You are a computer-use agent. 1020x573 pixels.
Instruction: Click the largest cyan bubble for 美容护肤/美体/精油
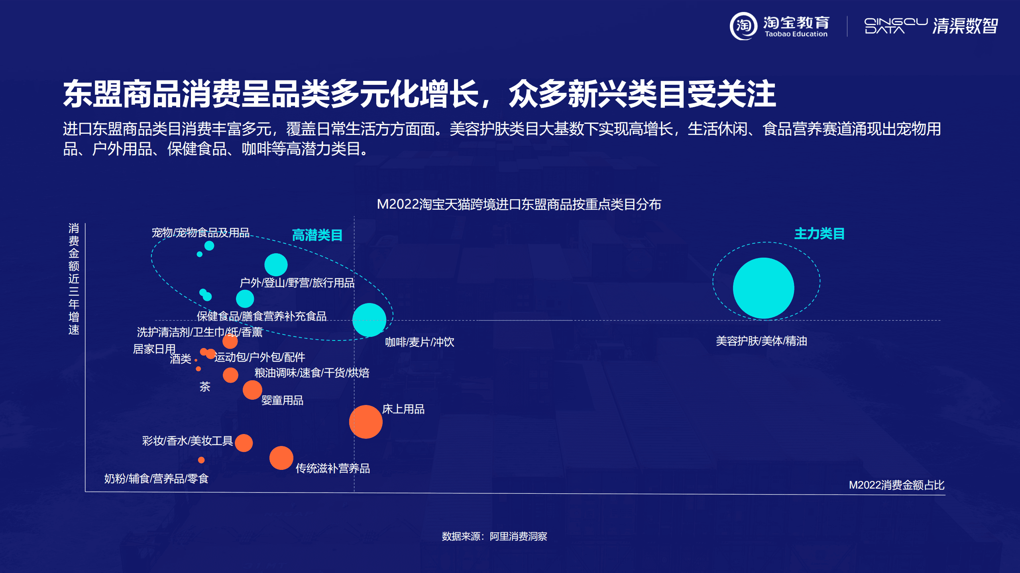pos(763,288)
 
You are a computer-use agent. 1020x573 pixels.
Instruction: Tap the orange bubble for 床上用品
pos(366,422)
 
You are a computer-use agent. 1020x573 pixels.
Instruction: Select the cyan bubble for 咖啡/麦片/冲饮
pos(369,320)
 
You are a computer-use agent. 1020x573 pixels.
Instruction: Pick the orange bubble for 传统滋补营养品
pos(281,458)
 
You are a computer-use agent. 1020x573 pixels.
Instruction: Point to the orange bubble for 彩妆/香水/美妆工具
pos(244,443)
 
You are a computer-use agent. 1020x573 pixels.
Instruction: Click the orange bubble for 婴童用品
pos(252,390)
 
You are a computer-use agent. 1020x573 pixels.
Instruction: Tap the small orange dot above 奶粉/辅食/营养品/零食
pos(201,460)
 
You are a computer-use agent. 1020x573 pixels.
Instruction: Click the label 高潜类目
pos(317,235)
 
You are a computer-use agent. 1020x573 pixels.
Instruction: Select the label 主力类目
pos(819,234)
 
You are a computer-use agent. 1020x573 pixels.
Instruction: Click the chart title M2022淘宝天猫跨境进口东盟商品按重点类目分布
pos(519,204)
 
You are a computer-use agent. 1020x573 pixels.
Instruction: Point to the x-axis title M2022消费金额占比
pos(896,485)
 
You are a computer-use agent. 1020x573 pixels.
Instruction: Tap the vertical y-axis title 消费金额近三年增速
pos(74,279)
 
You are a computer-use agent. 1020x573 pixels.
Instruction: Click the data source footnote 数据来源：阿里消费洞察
pos(494,536)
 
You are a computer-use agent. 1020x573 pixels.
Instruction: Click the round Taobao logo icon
pos(743,26)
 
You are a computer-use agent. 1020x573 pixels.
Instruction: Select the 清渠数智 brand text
pos(965,26)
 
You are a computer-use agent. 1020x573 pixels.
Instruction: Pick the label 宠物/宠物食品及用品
pos(200,233)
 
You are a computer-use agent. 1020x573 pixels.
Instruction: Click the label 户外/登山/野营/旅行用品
pos(297,283)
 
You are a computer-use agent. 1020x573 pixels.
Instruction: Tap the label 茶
pos(205,386)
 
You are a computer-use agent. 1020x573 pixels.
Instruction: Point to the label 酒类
pos(181,359)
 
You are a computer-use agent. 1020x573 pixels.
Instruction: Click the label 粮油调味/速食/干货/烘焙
pos(312,373)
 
